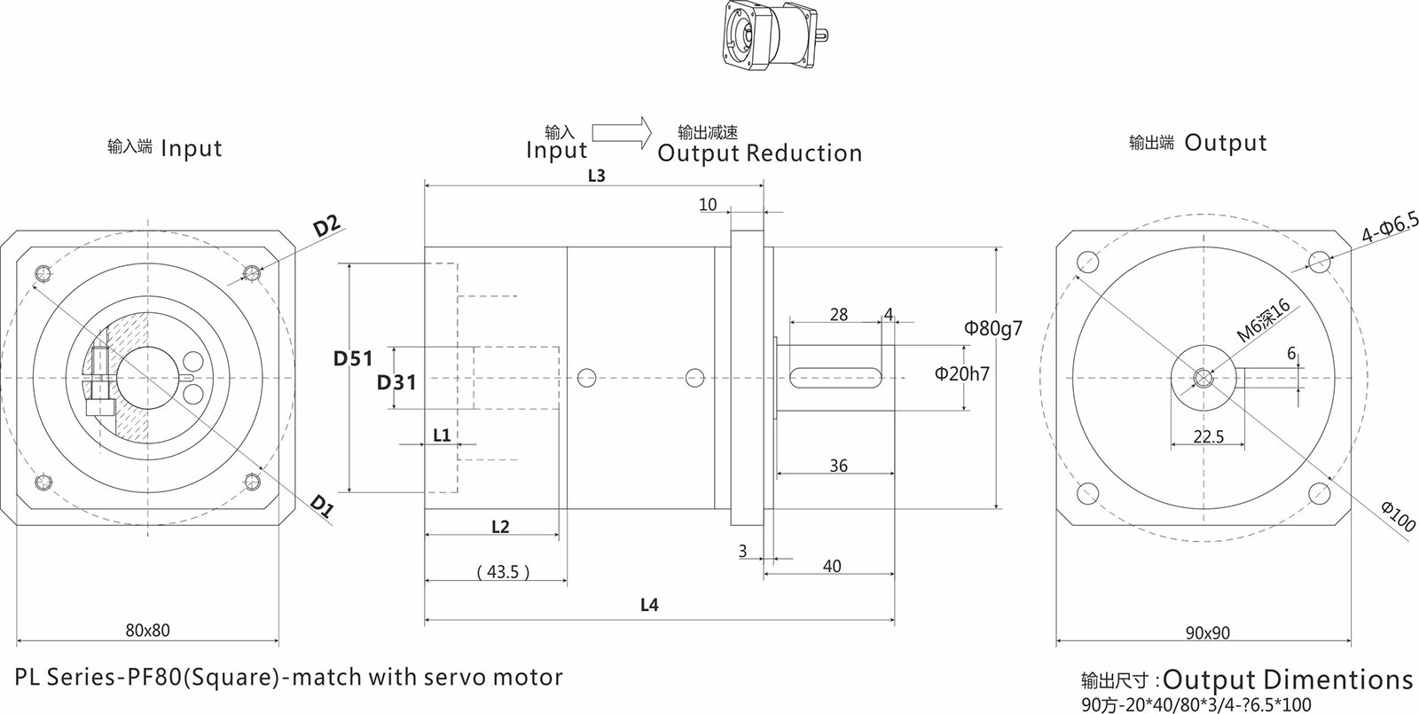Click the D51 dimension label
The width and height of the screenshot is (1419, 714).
coord(353,358)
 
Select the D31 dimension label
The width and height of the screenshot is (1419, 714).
coord(396,382)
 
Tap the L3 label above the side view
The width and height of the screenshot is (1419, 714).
coord(596,176)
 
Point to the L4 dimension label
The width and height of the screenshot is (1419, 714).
coord(649,605)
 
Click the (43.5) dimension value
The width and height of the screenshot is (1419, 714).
coord(502,572)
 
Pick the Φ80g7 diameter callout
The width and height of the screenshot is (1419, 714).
coord(993,328)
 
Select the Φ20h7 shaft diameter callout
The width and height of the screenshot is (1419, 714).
coord(961,374)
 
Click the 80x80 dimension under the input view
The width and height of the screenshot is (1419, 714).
coord(147,631)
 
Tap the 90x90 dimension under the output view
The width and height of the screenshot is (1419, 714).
coord(1207,633)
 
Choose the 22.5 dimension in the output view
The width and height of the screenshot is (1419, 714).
coord(1208,436)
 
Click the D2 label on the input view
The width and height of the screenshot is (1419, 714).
coord(327,227)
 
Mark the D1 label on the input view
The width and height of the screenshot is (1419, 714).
coord(322,506)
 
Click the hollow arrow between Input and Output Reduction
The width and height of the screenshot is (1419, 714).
coord(622,132)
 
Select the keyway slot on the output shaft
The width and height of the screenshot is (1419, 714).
coord(837,378)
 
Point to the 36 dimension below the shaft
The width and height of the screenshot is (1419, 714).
coord(838,466)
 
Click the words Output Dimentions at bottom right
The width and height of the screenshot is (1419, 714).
coord(1287,680)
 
